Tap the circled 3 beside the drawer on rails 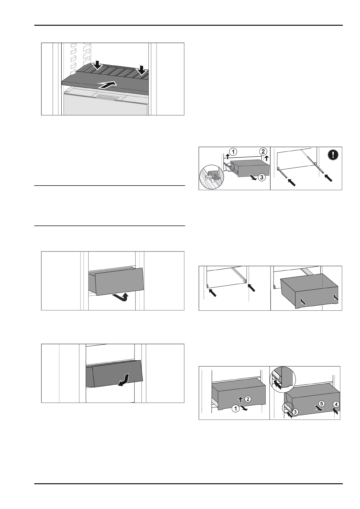pyautogui.click(x=261, y=177)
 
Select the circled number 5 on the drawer pyautogui.click(x=321, y=403)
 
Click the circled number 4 pyautogui.click(x=336, y=404)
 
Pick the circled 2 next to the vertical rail pyautogui.click(x=263, y=151)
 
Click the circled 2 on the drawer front pyautogui.click(x=247, y=399)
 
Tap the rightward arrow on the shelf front pyautogui.click(x=108, y=85)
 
